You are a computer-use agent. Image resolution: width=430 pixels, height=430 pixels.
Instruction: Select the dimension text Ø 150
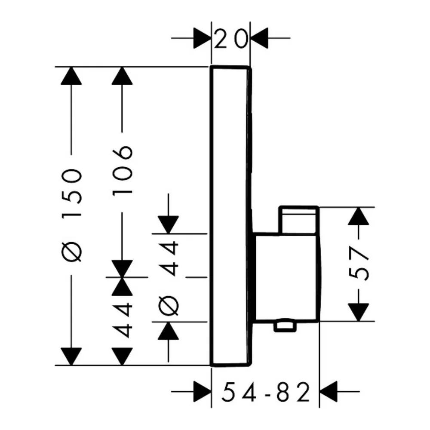(x=71, y=215)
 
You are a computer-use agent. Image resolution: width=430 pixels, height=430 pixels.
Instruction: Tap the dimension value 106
(x=122, y=170)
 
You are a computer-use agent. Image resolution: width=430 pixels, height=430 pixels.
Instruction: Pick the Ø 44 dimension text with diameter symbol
(x=169, y=278)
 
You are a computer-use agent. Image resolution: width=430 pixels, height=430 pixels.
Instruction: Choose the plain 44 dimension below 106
(x=122, y=320)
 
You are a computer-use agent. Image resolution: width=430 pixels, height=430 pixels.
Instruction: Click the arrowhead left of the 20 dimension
(x=203, y=38)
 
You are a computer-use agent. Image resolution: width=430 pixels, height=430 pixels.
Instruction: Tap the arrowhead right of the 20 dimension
(x=259, y=38)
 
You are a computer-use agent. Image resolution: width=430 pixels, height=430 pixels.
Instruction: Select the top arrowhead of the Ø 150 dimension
(x=71, y=76)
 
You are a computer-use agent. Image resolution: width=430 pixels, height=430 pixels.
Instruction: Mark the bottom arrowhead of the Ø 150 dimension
(x=71, y=356)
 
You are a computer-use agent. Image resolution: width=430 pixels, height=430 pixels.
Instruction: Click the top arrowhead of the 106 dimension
(x=122, y=76)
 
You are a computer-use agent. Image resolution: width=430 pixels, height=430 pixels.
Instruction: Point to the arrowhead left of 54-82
(x=203, y=392)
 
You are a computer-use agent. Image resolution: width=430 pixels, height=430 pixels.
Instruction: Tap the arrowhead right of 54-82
(x=328, y=392)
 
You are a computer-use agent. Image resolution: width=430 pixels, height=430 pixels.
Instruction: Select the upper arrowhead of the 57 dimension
(x=358, y=216)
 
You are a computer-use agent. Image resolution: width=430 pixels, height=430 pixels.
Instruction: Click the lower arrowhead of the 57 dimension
(x=358, y=312)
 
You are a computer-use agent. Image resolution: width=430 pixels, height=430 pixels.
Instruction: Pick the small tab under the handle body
(x=285, y=326)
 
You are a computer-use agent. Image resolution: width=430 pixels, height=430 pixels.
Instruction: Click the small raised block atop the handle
(x=299, y=220)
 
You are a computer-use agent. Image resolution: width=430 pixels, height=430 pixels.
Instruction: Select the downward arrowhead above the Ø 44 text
(x=169, y=225)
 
